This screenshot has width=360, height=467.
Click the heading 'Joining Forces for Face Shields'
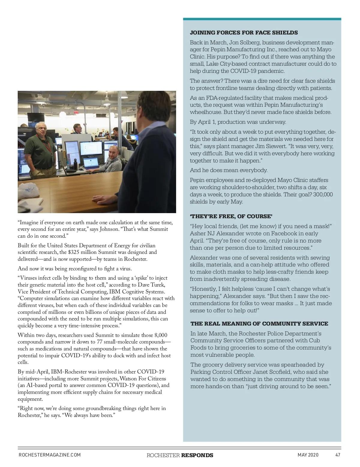point(244,33)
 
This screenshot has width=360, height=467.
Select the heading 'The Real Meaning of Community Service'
point(259,324)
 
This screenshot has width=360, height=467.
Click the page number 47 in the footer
point(338,455)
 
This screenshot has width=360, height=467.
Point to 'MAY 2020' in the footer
point(308,455)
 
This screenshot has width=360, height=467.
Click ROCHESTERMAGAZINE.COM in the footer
point(49,455)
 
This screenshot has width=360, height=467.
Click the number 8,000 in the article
point(160,335)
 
